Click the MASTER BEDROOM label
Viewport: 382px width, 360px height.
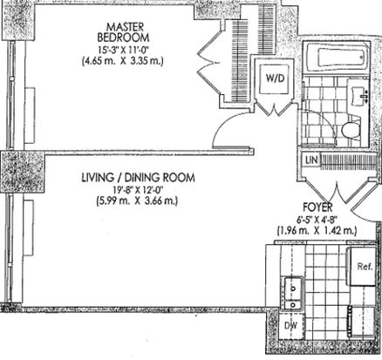click(x=123, y=32)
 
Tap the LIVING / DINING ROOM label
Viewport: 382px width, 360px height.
click(x=138, y=178)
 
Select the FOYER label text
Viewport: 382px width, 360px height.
click(x=317, y=207)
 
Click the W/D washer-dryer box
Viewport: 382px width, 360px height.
click(x=274, y=78)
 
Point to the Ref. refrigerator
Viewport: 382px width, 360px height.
click(x=363, y=267)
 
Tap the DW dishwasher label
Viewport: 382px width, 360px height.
click(x=290, y=326)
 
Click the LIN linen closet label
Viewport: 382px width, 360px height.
click(x=311, y=160)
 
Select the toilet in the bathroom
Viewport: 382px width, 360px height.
click(x=351, y=129)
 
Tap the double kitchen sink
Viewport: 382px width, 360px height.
click(x=293, y=294)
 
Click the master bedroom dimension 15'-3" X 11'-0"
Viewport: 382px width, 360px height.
click(x=123, y=50)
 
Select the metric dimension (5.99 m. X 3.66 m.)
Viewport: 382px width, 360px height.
click(x=137, y=200)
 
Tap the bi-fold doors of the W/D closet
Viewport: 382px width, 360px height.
click(x=274, y=108)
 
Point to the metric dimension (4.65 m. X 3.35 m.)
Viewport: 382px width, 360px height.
click(x=122, y=62)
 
